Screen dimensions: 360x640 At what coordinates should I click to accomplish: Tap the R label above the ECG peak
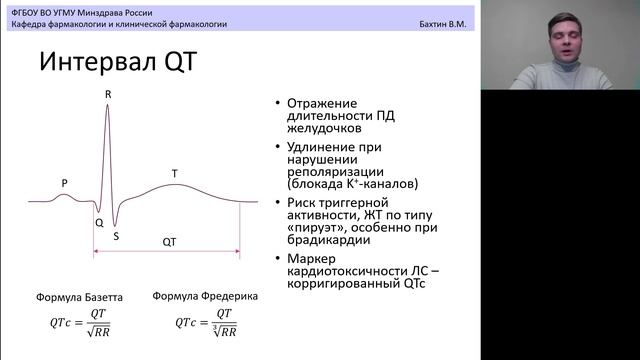107,93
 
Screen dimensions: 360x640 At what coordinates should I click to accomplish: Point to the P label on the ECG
64,183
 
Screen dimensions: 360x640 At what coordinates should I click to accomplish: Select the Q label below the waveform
99,223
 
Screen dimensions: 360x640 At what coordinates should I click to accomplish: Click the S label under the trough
116,237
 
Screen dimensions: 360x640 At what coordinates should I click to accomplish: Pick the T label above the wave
174,173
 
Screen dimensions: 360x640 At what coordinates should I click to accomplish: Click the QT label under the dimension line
170,241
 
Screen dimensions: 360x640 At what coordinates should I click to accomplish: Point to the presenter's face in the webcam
557,40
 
